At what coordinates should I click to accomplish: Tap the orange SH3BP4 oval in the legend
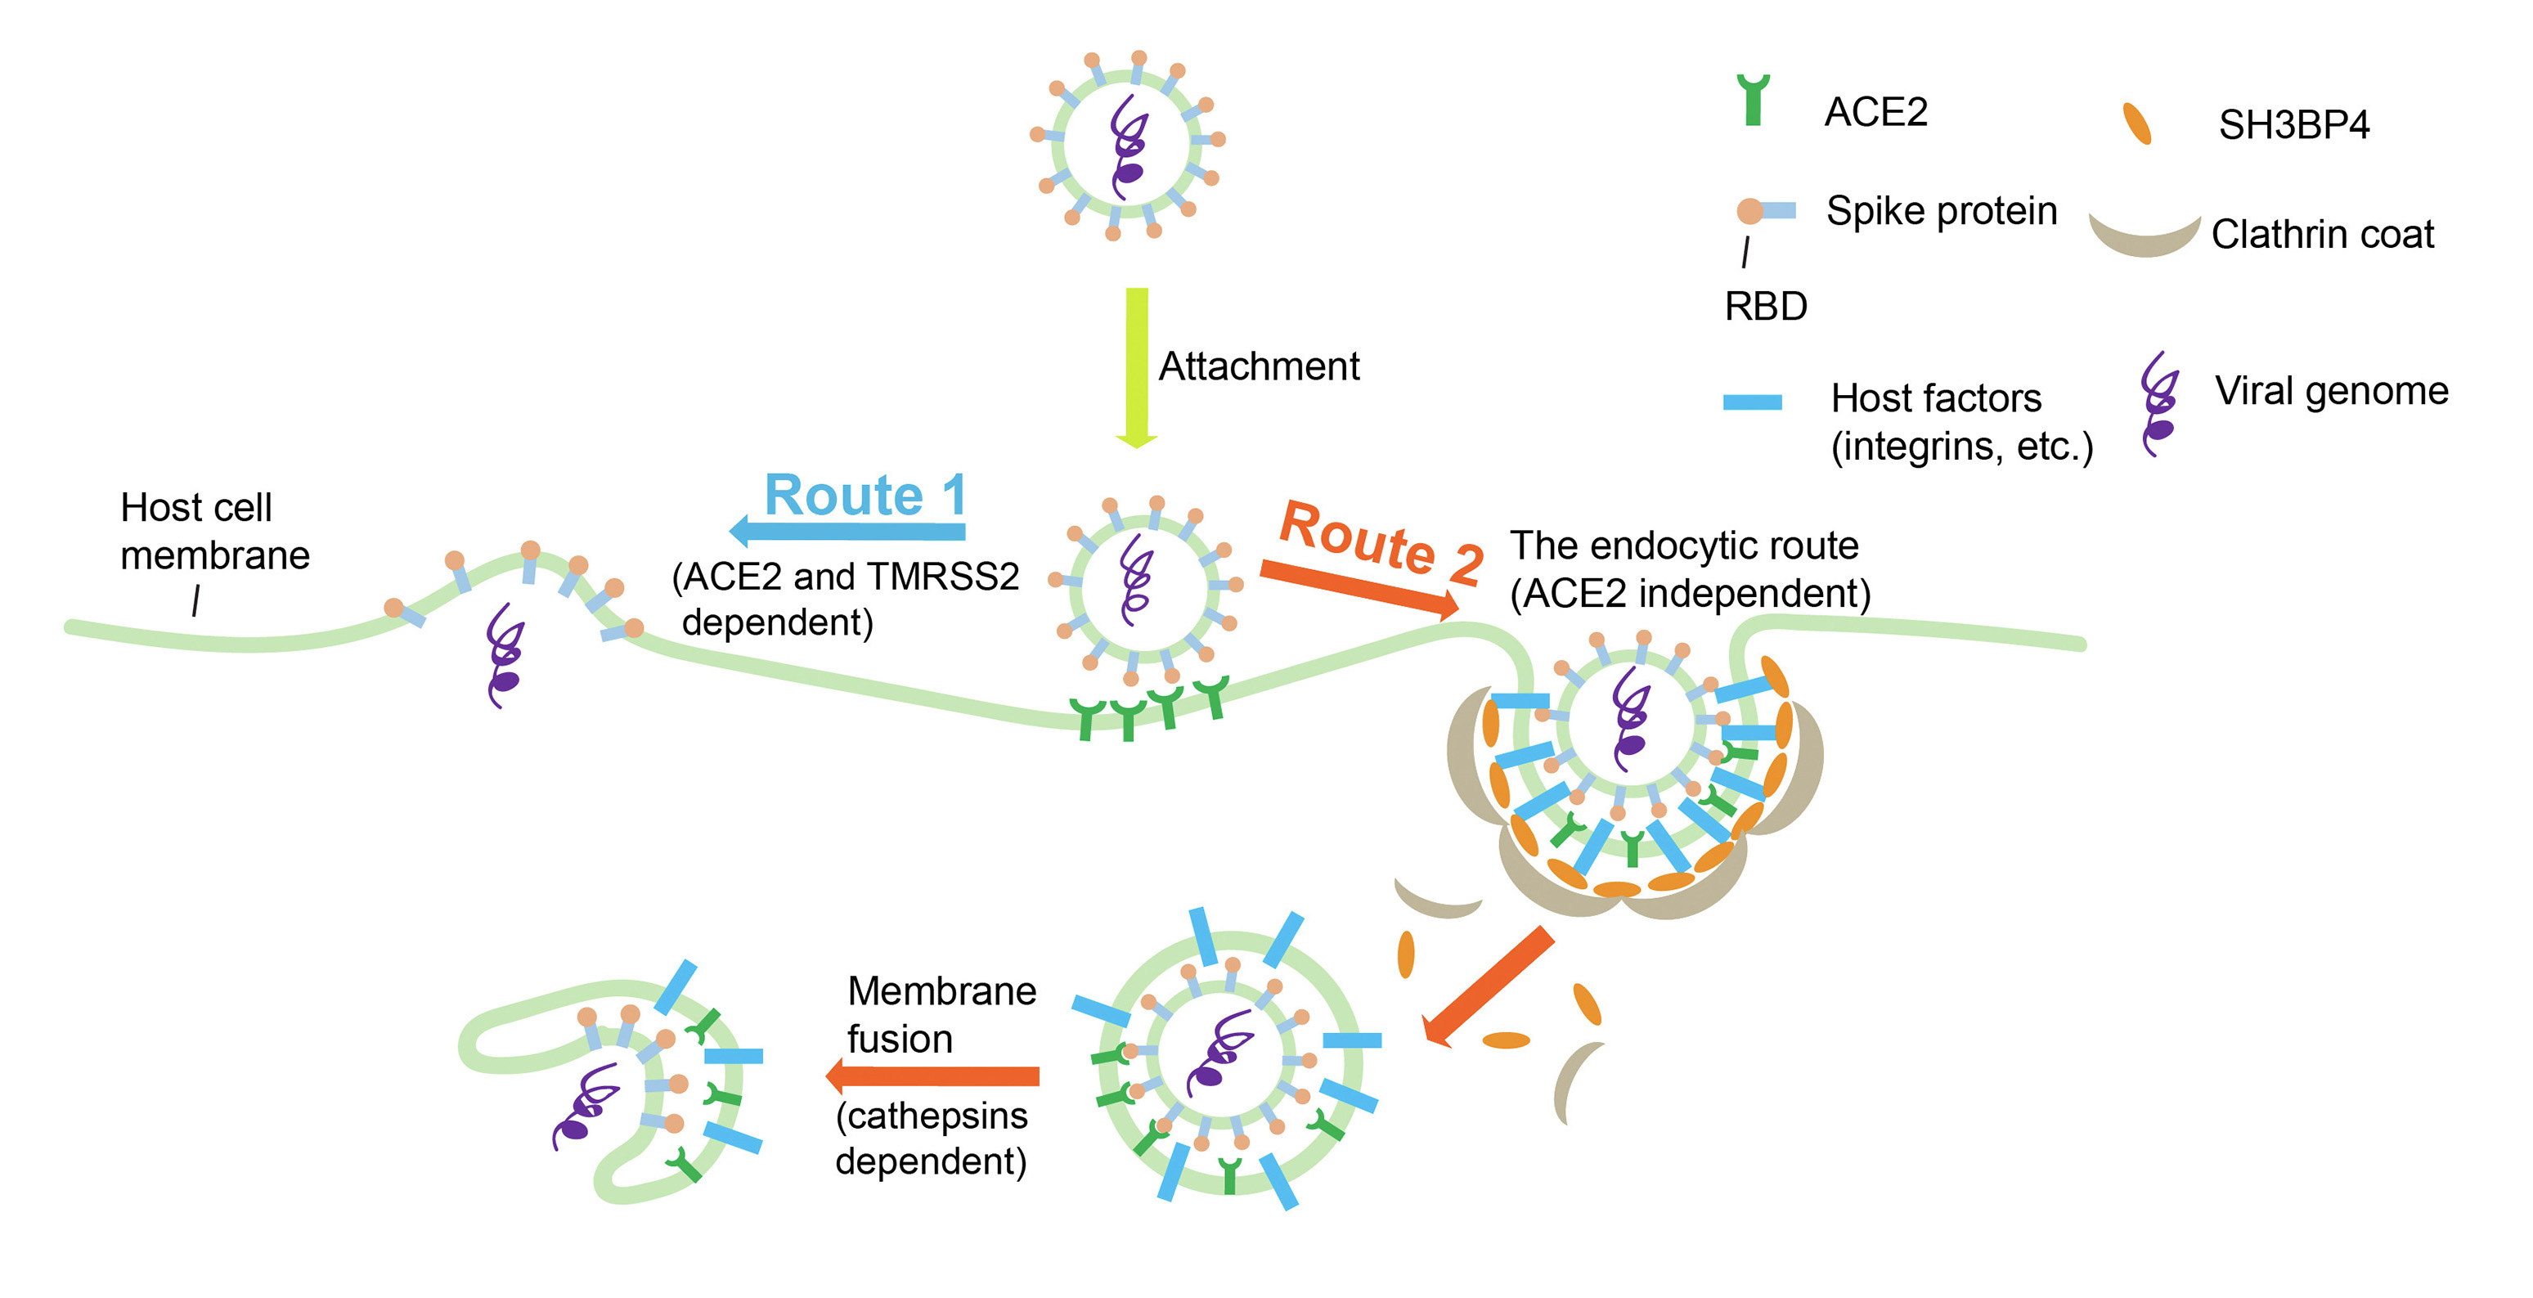click(2136, 124)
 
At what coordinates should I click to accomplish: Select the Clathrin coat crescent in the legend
click(2145, 236)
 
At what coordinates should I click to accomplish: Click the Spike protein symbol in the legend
click(1766, 210)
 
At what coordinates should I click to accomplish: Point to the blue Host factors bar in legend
click(1752, 402)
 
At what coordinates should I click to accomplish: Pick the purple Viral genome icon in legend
click(2159, 404)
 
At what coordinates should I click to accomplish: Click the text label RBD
click(1765, 307)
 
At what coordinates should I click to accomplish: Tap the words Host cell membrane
click(214, 531)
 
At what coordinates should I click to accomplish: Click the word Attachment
click(1259, 366)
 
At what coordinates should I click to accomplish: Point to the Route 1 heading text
click(865, 494)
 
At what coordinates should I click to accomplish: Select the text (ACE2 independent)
click(1689, 593)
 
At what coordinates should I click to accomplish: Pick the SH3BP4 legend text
click(2293, 125)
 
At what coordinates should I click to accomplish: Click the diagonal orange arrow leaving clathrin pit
click(1489, 984)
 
